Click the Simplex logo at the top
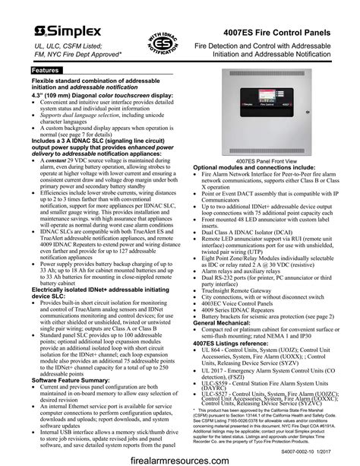62,31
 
